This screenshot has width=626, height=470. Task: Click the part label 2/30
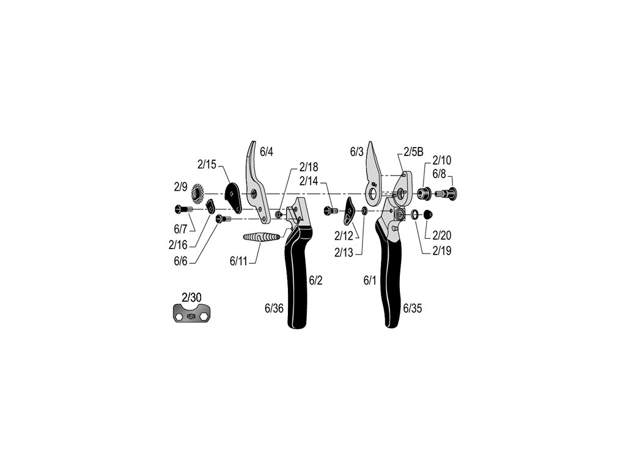click(x=191, y=297)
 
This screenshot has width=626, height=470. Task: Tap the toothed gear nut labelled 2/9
click(x=198, y=195)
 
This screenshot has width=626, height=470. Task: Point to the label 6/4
click(x=267, y=152)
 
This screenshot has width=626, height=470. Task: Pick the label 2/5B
click(x=413, y=152)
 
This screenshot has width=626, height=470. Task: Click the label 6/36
click(x=274, y=309)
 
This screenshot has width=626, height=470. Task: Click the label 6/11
click(x=240, y=261)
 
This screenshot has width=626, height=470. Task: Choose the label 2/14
click(x=309, y=181)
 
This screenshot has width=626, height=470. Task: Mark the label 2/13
click(x=344, y=253)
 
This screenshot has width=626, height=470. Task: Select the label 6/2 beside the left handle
click(x=315, y=281)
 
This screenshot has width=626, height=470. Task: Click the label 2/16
click(x=179, y=245)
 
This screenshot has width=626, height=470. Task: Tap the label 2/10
click(x=442, y=161)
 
